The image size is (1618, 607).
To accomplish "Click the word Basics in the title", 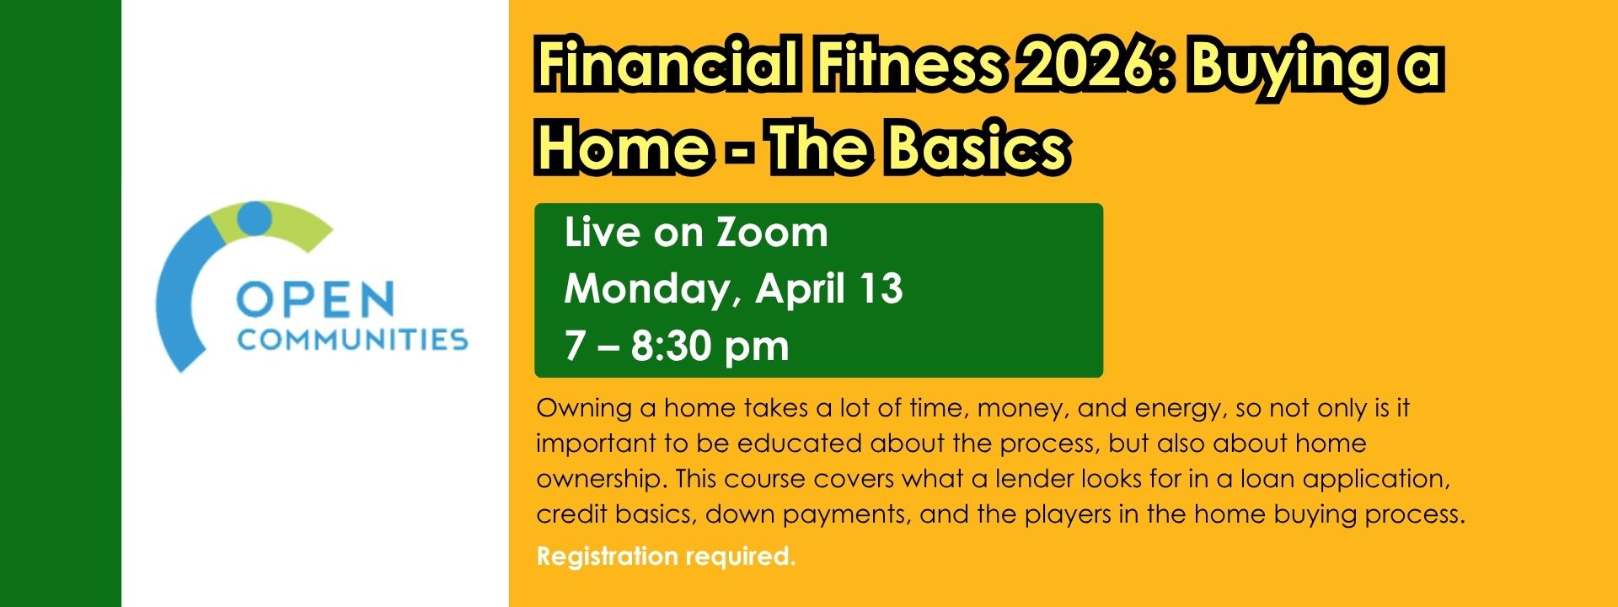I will click(978, 148).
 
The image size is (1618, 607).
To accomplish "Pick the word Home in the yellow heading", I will click(624, 148).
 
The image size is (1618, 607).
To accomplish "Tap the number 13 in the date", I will click(881, 288).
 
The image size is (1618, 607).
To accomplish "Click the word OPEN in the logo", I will click(315, 300).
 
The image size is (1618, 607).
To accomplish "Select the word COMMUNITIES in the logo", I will click(352, 340).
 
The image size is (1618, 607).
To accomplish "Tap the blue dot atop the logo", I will click(254, 218).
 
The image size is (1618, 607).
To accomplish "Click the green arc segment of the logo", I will click(303, 228).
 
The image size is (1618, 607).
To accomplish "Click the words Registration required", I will click(666, 556).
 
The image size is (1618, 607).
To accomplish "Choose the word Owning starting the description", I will click(584, 409).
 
